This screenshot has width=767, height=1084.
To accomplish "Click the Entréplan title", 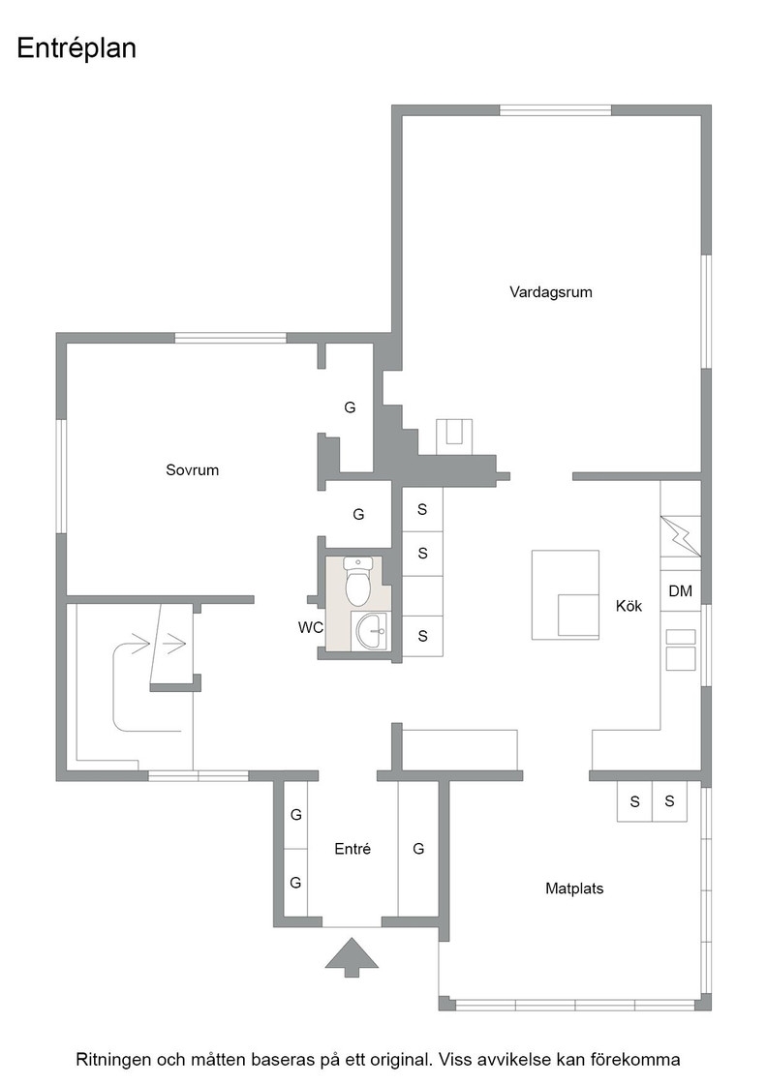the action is [x=77, y=49].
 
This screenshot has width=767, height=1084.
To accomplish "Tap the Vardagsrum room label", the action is [x=550, y=291].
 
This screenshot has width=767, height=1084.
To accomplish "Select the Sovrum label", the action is [x=193, y=470].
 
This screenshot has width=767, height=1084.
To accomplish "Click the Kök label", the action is [x=629, y=606].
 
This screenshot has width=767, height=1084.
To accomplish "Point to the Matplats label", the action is [x=574, y=888].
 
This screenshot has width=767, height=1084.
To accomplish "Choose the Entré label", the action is [x=353, y=849].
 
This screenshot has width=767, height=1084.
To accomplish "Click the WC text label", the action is [x=311, y=628].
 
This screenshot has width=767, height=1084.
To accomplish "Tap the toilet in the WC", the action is [x=358, y=581].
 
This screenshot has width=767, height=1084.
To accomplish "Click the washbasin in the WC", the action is [x=370, y=630].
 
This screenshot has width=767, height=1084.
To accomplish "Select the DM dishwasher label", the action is [x=681, y=591].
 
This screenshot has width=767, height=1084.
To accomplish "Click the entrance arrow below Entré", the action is [x=353, y=957].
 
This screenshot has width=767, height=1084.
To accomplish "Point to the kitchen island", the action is [x=565, y=594].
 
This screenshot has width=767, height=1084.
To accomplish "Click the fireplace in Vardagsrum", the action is [x=453, y=437].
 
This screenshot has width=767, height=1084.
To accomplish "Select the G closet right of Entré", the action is [x=418, y=849].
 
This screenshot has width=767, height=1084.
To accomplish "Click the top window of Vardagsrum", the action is [x=555, y=110].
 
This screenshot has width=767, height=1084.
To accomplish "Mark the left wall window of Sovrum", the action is [x=61, y=476].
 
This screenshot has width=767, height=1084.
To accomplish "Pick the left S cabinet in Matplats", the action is [x=635, y=802].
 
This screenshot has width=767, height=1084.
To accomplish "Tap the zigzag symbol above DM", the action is [x=681, y=536].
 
